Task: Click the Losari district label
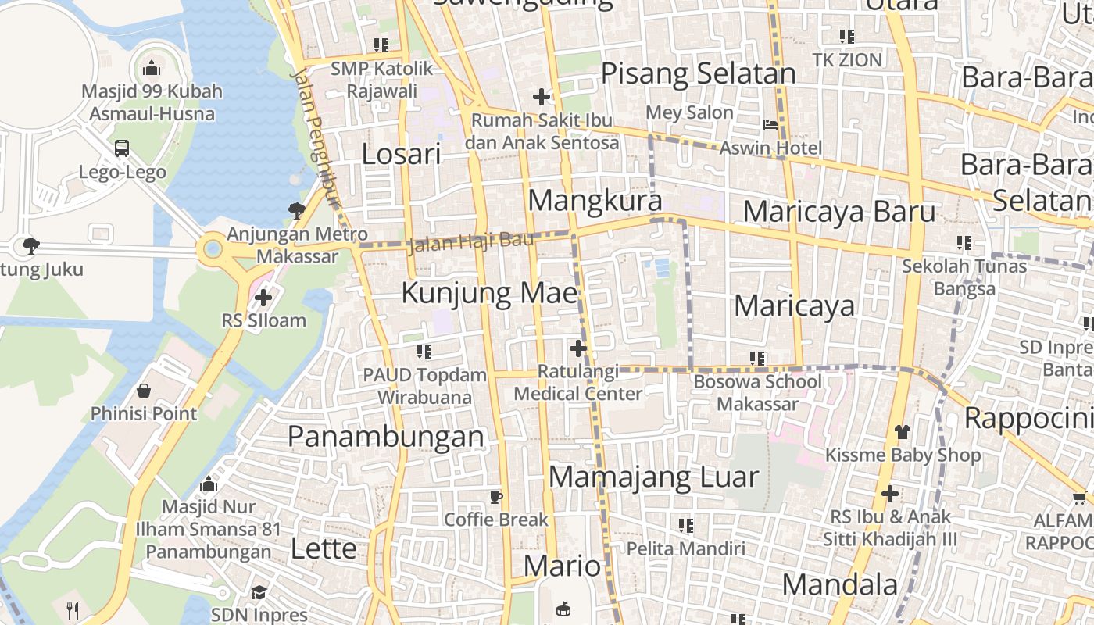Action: click(401, 154)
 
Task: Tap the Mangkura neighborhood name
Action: click(595, 201)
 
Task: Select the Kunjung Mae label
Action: click(489, 293)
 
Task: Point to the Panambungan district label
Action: click(386, 436)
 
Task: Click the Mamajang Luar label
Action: click(653, 477)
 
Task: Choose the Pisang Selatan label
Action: click(698, 73)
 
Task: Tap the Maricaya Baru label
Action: click(838, 211)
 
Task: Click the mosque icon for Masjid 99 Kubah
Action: click(152, 68)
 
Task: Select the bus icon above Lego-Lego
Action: click(122, 148)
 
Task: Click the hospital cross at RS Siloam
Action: click(263, 297)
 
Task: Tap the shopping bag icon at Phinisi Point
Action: click(144, 390)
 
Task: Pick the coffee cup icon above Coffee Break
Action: click(495, 497)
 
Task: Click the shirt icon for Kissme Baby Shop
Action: click(903, 431)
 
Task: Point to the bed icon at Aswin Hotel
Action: click(770, 125)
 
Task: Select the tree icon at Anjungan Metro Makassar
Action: click(296, 209)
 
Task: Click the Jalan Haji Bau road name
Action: click(470, 241)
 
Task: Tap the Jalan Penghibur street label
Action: click(316, 137)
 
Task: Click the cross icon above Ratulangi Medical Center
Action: click(578, 348)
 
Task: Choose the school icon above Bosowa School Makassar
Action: click(756, 359)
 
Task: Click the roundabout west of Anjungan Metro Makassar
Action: click(212, 251)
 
